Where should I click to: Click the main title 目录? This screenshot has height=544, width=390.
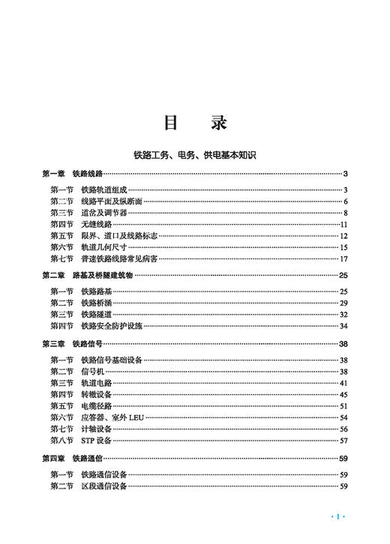(195, 123)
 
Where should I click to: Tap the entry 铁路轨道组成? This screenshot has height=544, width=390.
(105, 190)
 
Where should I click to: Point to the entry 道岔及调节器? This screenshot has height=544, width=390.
(105, 213)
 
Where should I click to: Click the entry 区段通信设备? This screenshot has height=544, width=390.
(105, 486)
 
